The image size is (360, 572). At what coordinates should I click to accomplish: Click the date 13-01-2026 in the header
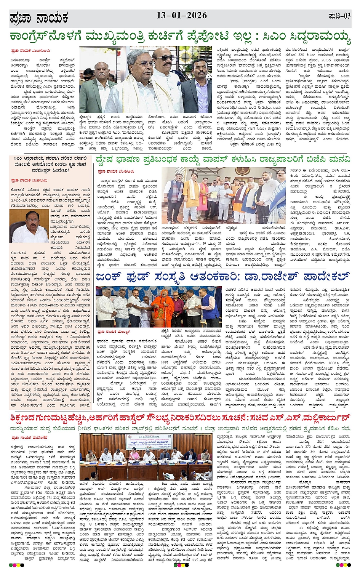point(182,16)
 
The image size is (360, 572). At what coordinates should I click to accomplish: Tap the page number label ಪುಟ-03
point(339,16)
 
